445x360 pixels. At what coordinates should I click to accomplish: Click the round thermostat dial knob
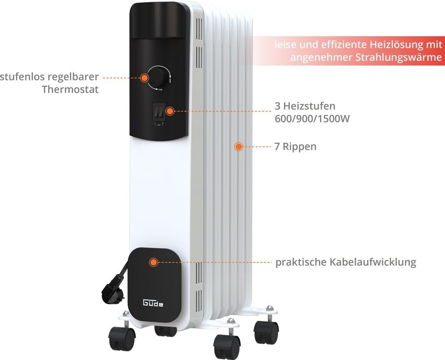tap(158, 77)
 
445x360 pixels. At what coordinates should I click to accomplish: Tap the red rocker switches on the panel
tap(159, 112)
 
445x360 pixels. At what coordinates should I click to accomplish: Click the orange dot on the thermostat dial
tap(144, 78)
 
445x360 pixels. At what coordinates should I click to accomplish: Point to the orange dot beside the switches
tap(170, 111)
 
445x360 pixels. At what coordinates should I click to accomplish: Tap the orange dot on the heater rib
tap(238, 147)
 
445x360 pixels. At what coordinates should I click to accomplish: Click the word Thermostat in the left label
tap(70, 90)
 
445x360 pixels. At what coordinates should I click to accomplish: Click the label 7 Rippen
tap(296, 147)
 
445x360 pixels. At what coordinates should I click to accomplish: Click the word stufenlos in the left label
tap(24, 77)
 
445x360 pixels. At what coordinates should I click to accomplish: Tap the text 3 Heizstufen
tap(305, 106)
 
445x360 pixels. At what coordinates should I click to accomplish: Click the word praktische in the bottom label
tap(301, 263)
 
